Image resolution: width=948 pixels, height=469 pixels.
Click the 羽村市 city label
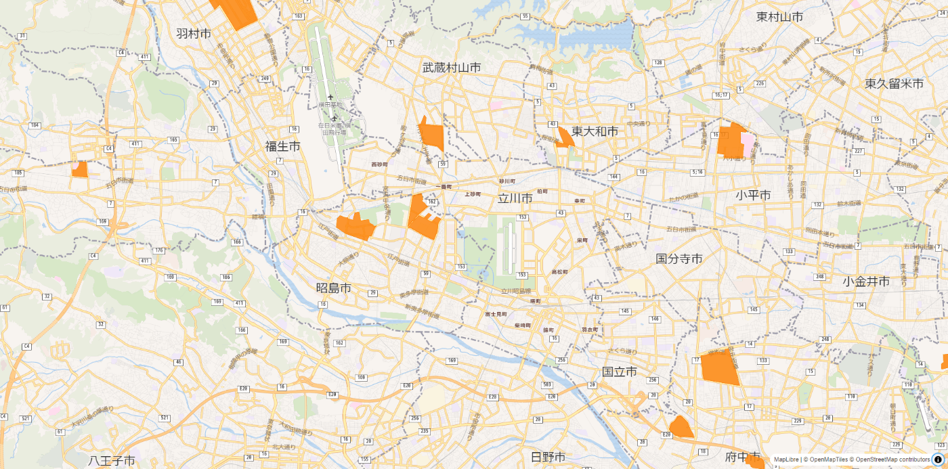click(x=194, y=33)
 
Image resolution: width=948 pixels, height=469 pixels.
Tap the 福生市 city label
click(x=283, y=146)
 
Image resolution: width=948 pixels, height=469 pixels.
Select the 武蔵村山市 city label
click(x=452, y=68)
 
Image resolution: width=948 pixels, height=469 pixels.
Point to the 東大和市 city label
click(x=595, y=131)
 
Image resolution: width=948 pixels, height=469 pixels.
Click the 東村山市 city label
click(x=780, y=17)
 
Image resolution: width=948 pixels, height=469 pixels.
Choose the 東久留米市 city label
click(x=894, y=84)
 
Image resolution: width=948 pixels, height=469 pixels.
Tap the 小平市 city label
click(x=753, y=196)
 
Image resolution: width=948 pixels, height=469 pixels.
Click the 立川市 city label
click(x=515, y=198)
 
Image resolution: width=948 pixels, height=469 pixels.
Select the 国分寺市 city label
click(x=679, y=259)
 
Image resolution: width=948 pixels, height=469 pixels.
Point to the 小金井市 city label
click(x=867, y=281)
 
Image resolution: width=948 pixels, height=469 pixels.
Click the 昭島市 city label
click(x=334, y=288)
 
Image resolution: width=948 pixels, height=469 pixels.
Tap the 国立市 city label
click(x=620, y=372)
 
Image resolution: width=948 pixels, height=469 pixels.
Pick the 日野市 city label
click(x=548, y=457)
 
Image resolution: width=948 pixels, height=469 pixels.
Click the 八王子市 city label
click(x=112, y=461)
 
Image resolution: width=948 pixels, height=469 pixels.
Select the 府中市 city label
click(x=742, y=457)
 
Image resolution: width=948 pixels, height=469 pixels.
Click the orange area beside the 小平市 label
click(x=731, y=141)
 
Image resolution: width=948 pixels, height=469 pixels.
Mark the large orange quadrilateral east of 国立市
click(x=719, y=367)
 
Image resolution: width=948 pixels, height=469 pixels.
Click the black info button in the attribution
click(x=938, y=460)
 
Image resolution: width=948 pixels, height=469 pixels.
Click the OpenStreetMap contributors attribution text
click(x=893, y=460)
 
